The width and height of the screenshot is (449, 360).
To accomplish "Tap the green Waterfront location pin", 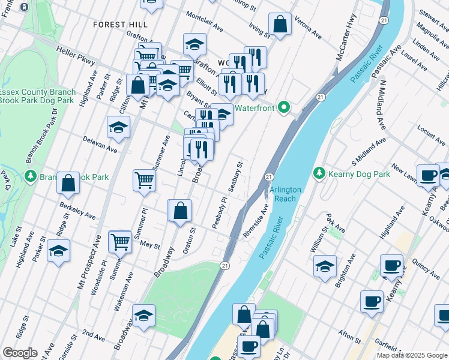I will (x=285, y=108).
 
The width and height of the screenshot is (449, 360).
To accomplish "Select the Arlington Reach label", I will (x=285, y=194).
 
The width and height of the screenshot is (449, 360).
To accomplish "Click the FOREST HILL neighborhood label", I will (x=120, y=24).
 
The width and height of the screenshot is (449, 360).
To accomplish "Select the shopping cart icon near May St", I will (x=120, y=242).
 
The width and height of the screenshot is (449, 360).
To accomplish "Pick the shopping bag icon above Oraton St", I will (x=180, y=211).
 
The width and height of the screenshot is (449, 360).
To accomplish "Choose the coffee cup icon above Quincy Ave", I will (x=391, y=265).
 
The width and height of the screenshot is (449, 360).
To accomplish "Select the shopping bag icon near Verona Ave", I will (x=280, y=25).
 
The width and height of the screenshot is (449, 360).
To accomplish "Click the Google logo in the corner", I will (x=19, y=353).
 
